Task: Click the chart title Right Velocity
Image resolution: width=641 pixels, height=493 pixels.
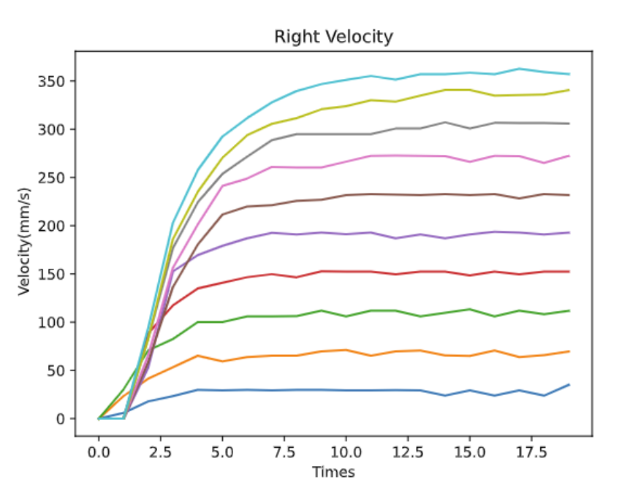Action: [333, 37]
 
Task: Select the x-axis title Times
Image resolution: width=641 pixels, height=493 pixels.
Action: [333, 472]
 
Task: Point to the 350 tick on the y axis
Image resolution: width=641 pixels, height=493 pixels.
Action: [53, 80]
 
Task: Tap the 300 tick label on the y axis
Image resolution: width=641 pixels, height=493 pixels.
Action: [53, 129]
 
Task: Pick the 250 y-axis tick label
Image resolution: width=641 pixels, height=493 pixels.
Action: [53, 177]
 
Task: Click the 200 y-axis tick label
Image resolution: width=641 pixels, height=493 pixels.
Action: [53, 226]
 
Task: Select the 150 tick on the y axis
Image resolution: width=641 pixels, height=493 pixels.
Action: [53, 274]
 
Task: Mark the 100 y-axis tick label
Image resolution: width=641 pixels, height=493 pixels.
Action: [53, 322]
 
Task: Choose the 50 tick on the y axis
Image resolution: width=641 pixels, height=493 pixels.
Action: [57, 370]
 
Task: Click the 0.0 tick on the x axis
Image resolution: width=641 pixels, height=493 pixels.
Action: [99, 452]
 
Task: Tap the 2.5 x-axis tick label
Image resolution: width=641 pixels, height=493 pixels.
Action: [160, 452]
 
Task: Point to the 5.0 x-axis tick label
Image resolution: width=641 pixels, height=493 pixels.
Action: [222, 452]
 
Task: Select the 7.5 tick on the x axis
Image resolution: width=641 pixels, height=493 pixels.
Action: [284, 452]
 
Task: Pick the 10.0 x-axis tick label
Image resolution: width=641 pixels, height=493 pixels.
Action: [345, 452]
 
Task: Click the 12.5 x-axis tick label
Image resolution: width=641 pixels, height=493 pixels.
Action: [407, 452]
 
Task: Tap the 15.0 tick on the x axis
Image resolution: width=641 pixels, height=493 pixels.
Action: [469, 452]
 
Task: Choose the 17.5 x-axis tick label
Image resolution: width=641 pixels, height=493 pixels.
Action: [531, 452]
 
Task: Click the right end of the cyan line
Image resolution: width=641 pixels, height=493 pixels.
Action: [569, 74]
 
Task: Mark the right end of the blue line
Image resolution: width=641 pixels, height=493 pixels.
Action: [569, 385]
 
